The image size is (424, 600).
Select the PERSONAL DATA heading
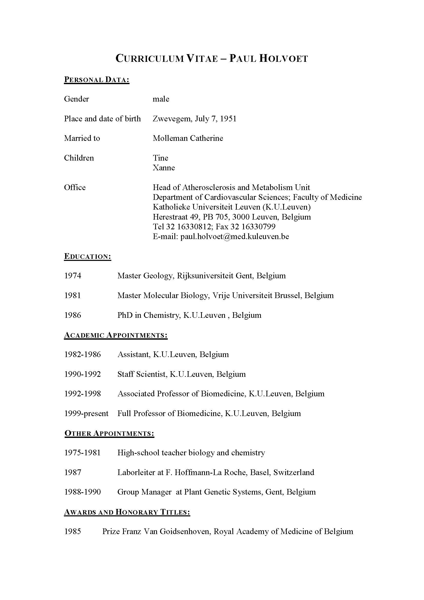click(x=97, y=80)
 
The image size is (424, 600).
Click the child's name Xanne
click(x=164, y=168)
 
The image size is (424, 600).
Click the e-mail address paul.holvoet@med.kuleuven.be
click(x=235, y=237)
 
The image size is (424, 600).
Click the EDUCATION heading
click(x=87, y=256)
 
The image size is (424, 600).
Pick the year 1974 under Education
click(x=73, y=276)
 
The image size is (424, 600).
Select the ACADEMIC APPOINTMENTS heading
click(x=116, y=335)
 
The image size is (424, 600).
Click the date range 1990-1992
click(x=83, y=374)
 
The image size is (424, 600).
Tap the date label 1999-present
click(x=86, y=414)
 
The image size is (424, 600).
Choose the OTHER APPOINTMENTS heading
click(x=109, y=433)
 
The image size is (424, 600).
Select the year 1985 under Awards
click(x=73, y=532)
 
